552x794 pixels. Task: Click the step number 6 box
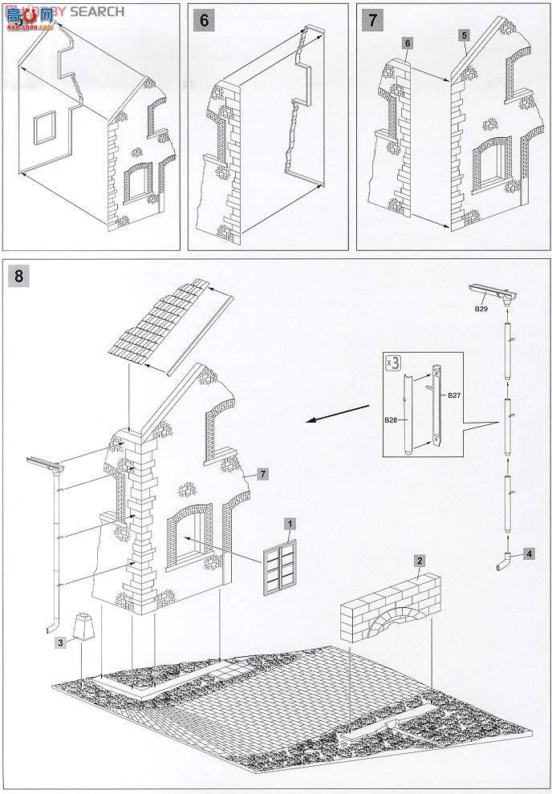point(205,20)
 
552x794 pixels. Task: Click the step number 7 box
point(373,20)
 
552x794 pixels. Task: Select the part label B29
point(481,308)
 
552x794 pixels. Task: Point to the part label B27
point(454,395)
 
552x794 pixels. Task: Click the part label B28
point(392,419)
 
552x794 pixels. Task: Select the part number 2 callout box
point(420,561)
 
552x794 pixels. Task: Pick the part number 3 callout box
point(59,642)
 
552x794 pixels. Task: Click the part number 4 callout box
point(530,553)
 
